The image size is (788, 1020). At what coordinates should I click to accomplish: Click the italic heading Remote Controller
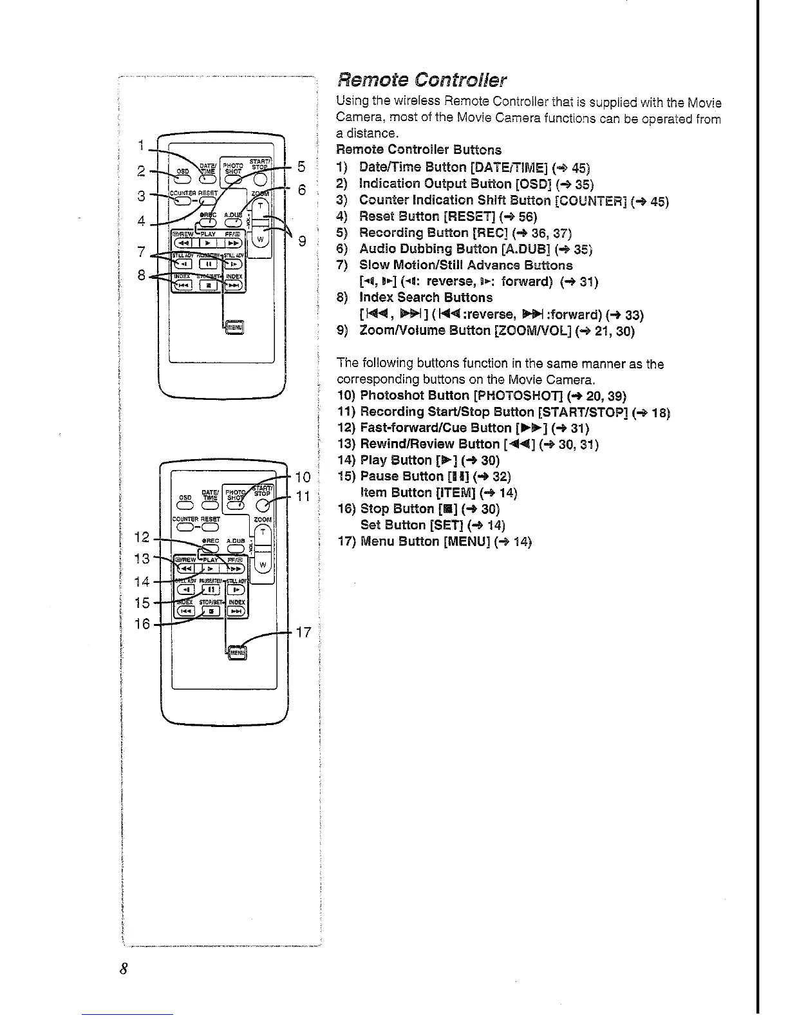tap(422, 80)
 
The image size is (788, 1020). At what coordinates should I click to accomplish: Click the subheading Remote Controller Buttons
tap(419, 150)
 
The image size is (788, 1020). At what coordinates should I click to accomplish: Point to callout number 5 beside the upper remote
tap(301, 167)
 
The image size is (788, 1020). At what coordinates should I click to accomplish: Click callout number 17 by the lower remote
tap(303, 632)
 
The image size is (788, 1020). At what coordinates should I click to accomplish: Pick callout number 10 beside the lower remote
tap(303, 477)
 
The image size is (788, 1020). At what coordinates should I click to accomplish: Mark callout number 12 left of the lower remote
tap(144, 537)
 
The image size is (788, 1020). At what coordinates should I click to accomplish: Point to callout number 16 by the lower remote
tap(143, 624)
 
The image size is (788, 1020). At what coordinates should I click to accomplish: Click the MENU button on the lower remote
tap(238, 652)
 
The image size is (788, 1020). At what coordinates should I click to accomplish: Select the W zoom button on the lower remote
tap(262, 565)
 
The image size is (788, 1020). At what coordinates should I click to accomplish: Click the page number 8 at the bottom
tap(124, 969)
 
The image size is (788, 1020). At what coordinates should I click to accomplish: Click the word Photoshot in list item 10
tap(386, 395)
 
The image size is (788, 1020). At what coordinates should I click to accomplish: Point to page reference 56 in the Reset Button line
tap(525, 217)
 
